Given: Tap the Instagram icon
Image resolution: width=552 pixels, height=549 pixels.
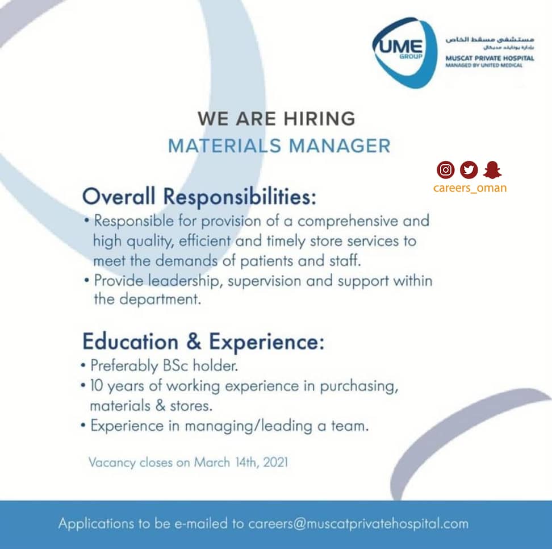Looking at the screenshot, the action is [446, 170].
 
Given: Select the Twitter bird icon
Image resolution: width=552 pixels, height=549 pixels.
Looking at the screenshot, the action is [469, 170].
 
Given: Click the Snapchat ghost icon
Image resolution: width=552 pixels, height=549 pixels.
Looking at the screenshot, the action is [492, 170].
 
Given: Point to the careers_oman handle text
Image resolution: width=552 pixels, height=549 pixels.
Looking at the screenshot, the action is [470, 188].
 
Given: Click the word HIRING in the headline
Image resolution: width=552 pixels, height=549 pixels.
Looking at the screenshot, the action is [320, 119].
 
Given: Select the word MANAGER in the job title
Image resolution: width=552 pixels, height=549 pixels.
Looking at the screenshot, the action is [340, 146].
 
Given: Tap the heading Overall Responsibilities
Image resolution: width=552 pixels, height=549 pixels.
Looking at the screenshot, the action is [199, 196].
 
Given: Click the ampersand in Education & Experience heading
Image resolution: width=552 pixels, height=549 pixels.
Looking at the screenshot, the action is [194, 342].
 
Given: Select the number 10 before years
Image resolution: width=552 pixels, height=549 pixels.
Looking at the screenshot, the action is [96, 385].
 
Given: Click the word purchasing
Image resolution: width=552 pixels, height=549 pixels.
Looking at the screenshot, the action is [359, 386].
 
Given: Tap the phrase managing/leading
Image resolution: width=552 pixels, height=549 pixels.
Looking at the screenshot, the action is [249, 426].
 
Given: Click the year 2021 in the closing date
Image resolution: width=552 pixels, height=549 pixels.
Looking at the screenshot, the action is [275, 462].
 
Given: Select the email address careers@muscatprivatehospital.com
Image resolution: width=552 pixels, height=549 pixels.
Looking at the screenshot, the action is [358, 524].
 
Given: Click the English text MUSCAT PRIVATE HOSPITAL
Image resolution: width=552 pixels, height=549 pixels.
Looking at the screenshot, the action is [490, 58].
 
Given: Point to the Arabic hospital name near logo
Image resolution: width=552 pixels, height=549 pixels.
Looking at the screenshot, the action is [490, 39].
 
